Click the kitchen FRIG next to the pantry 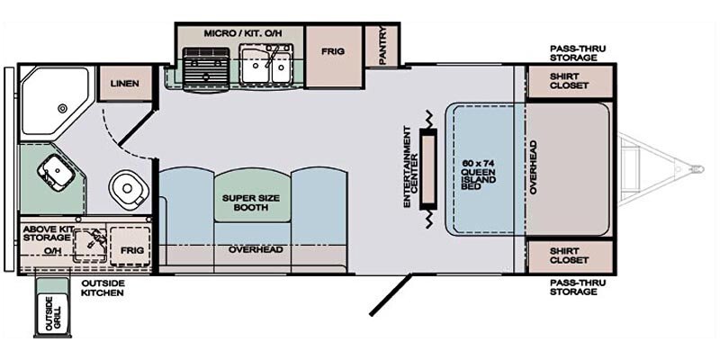click(x=333, y=52)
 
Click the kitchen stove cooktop click(x=204, y=65)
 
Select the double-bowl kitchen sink click(x=266, y=65)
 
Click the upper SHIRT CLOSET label click(x=569, y=81)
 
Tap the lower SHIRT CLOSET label click(x=569, y=256)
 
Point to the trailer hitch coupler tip click(x=695, y=168)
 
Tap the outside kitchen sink click(x=89, y=240)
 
